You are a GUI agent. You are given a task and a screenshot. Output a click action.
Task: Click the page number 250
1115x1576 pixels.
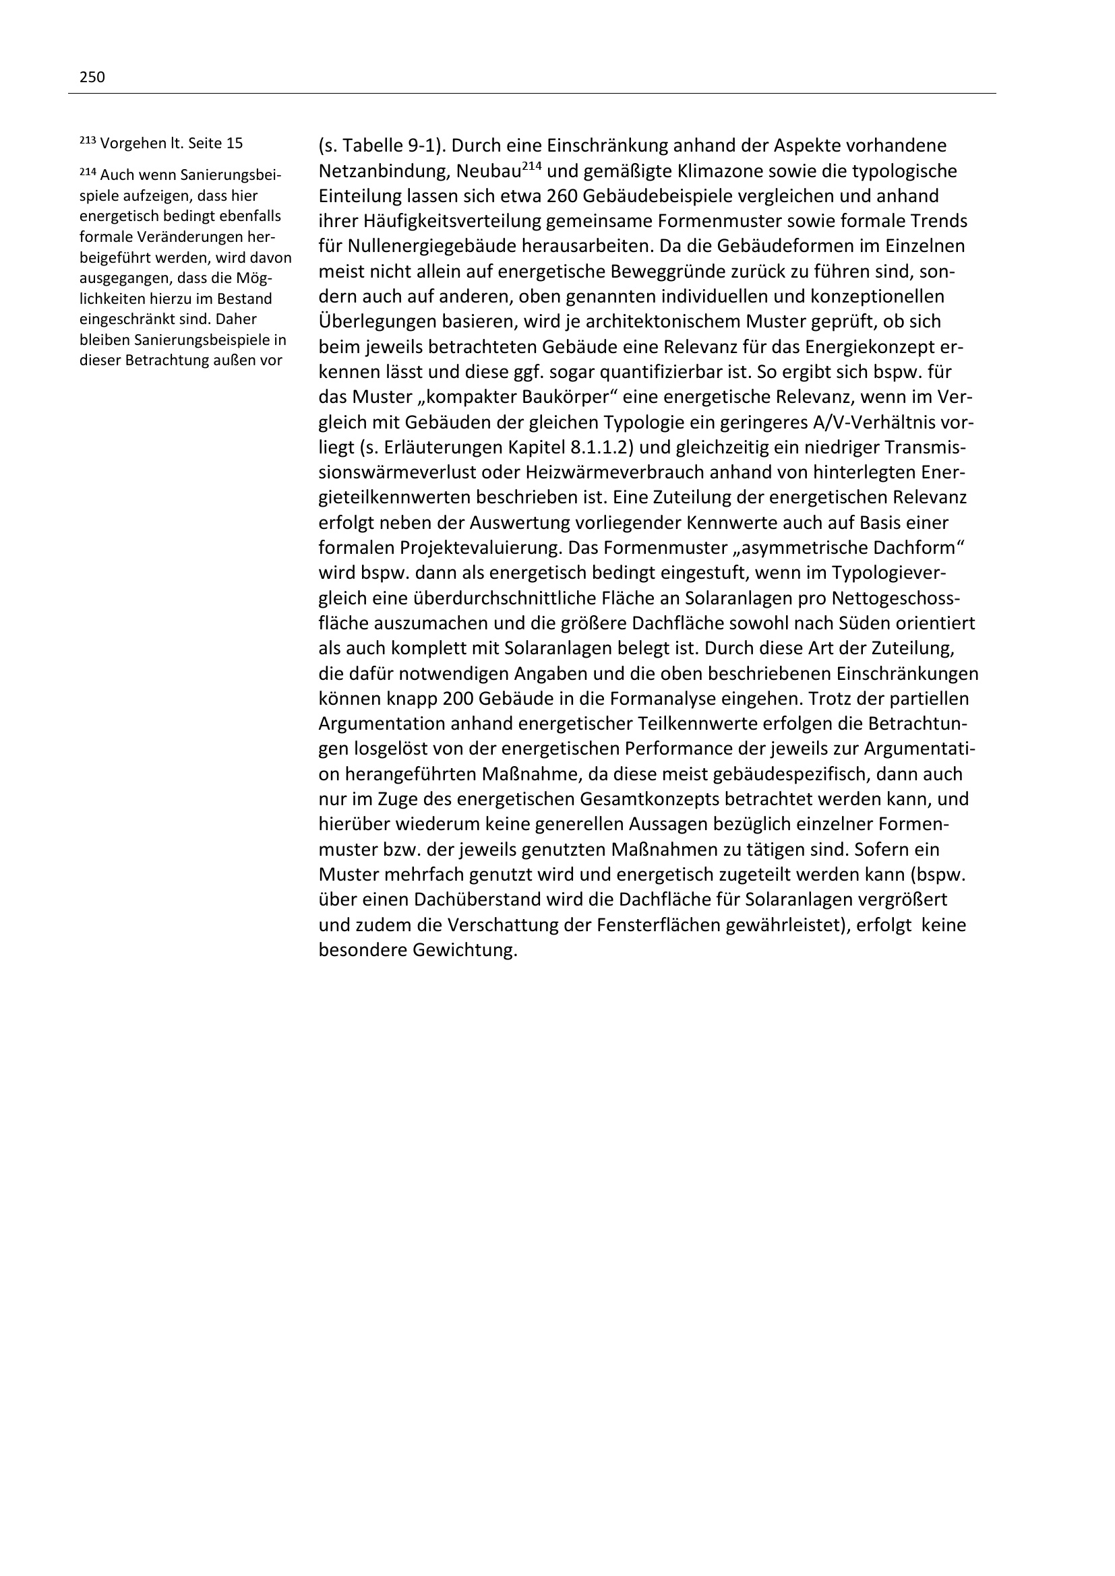92,77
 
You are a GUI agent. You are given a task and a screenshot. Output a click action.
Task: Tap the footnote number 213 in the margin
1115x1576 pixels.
87,139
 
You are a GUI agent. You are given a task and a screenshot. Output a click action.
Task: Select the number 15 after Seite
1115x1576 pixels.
234,144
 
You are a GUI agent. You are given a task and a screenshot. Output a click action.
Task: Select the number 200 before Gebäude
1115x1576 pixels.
457,699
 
